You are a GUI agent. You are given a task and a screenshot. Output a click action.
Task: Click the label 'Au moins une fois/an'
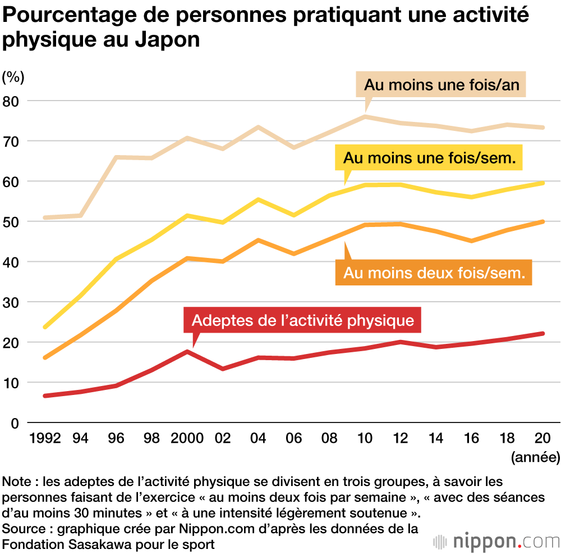(442, 85)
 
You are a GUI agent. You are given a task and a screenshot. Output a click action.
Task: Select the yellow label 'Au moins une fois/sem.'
(429, 158)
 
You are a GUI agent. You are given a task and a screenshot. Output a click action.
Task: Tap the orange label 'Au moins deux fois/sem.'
(433, 273)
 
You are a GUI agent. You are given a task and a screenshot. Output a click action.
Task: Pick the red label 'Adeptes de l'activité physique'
(303, 320)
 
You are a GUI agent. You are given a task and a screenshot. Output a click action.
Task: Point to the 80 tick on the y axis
(12, 101)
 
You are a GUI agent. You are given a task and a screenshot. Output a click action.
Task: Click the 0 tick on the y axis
(16, 423)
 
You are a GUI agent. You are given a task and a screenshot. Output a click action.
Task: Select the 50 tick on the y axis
(12, 222)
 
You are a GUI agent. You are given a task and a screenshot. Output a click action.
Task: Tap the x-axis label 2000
(186, 439)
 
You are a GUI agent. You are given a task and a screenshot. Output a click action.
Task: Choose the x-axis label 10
(365, 439)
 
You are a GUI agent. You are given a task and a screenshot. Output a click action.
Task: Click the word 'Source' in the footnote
(21, 529)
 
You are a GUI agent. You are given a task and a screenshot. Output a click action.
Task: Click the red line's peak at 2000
(187, 351)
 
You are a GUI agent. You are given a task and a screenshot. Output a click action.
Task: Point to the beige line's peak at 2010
(365, 116)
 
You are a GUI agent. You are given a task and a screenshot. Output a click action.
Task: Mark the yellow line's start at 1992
(45, 326)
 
